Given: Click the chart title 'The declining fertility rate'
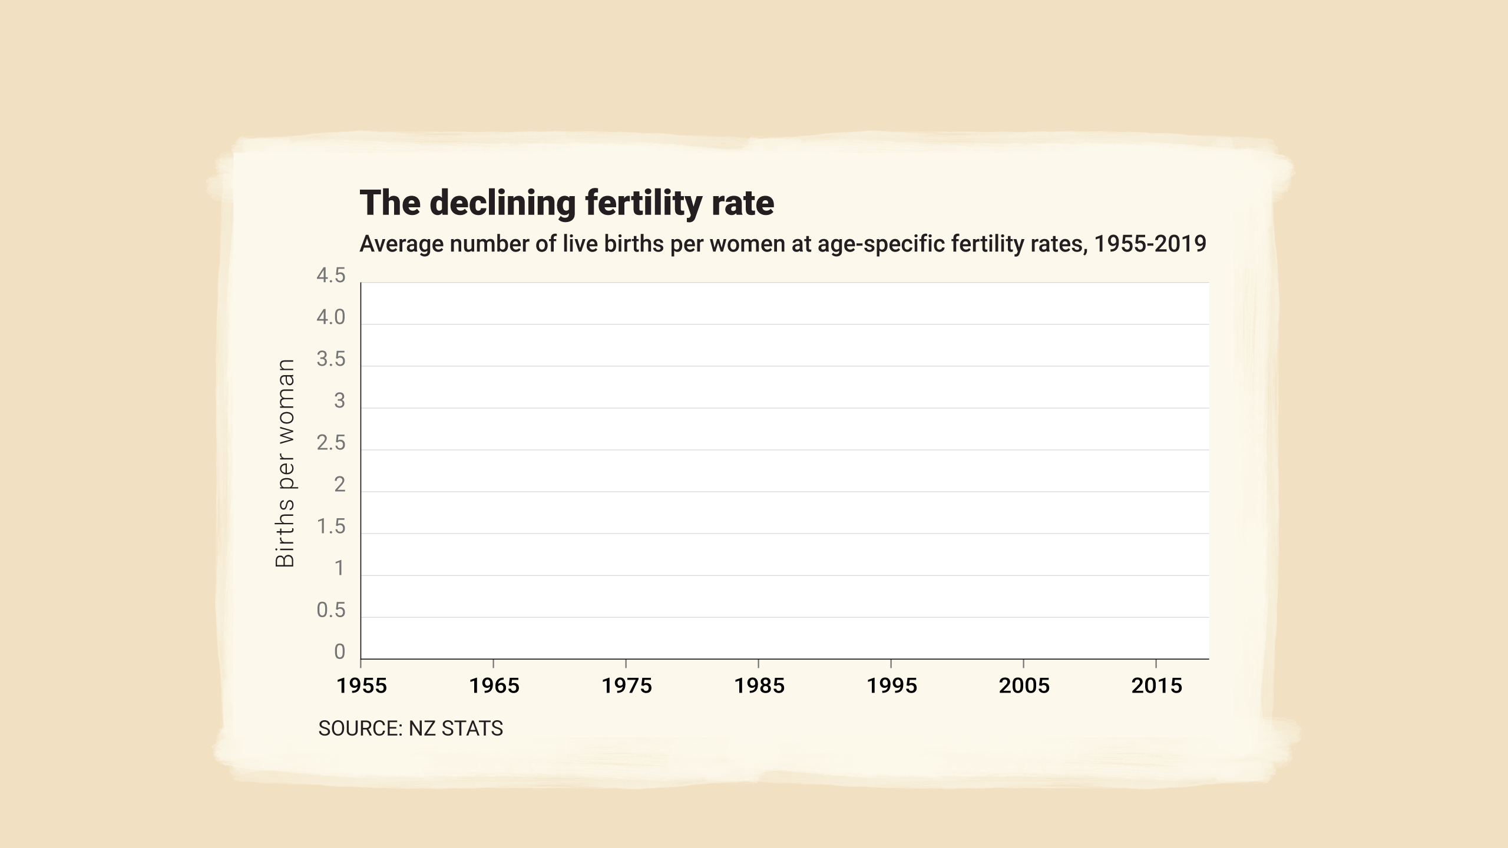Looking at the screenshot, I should tap(566, 203).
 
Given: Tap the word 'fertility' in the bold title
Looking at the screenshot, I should tap(641, 204).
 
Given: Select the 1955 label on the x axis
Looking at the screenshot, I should tap(362, 685).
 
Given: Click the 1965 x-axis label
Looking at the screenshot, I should tap(494, 685).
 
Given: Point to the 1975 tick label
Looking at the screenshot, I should tap(627, 685).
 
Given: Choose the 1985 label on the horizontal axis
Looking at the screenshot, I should tap(759, 685).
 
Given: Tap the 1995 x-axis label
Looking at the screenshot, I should tap(892, 685).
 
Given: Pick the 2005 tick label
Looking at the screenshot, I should tap(1024, 685).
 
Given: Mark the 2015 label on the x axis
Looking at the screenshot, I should tap(1157, 685).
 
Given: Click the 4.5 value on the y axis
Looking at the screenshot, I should tap(331, 276).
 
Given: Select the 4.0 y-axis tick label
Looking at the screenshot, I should tap(331, 317).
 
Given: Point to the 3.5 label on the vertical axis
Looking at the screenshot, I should tap(331, 359).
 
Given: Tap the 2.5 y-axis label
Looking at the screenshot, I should tap(331, 443).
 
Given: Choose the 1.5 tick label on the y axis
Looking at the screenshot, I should tap(331, 526).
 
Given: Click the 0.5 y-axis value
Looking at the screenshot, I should tap(331, 610).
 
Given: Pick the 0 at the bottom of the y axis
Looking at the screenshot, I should tap(339, 652).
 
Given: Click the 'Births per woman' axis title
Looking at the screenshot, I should tap(285, 463).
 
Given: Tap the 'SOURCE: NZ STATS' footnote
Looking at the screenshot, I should tap(411, 728).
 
